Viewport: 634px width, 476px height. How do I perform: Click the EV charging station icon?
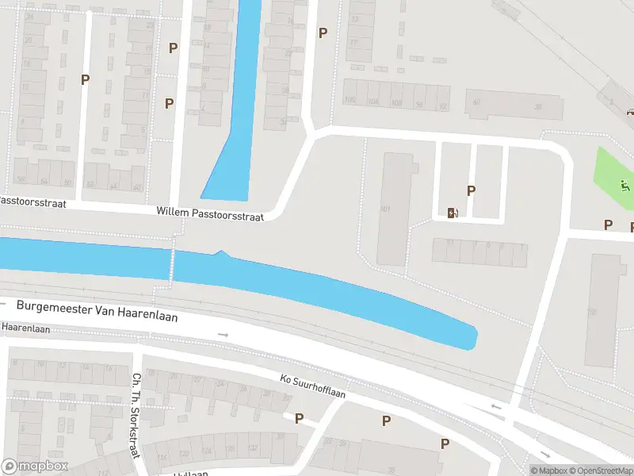[x=452, y=212]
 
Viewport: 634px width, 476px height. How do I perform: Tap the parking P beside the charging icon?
[x=472, y=190]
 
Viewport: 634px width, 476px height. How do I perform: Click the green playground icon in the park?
[x=625, y=187]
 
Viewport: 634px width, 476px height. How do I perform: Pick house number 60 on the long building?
[x=477, y=102]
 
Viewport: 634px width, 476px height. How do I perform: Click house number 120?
[x=185, y=454]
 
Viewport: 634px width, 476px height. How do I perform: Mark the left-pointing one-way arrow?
[x=497, y=407]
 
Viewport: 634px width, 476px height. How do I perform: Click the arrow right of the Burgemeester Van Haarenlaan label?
[x=223, y=335]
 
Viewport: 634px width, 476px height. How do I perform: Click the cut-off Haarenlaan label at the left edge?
[x=25, y=326]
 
